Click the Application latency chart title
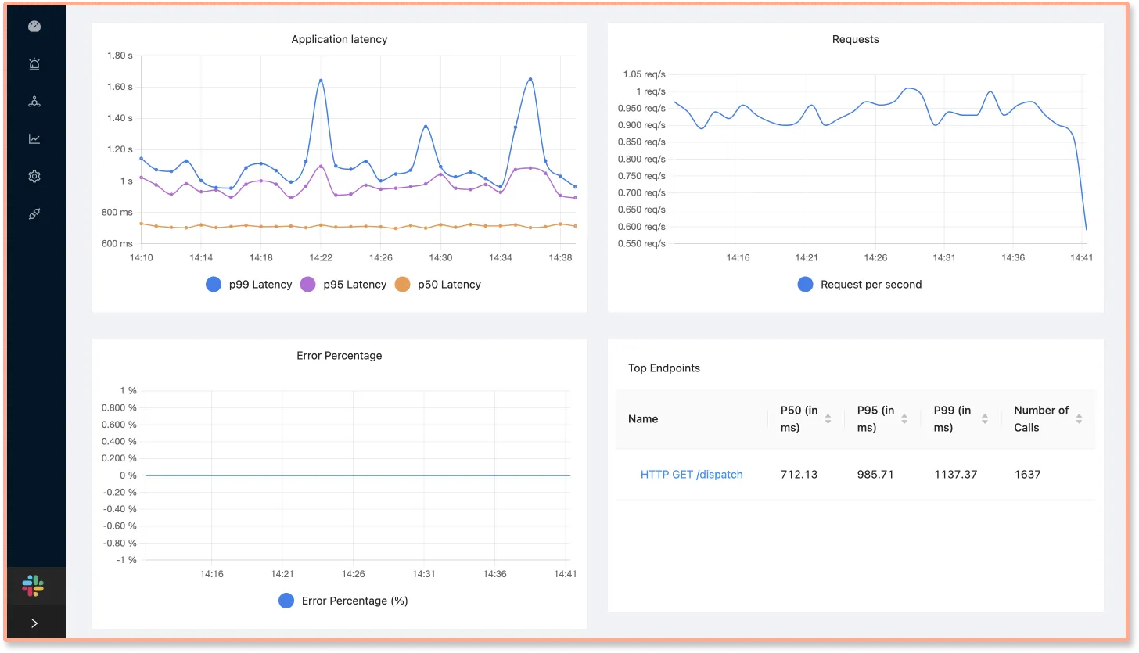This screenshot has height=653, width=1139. click(x=339, y=39)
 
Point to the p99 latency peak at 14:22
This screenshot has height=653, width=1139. click(x=321, y=81)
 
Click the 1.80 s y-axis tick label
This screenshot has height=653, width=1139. click(x=120, y=56)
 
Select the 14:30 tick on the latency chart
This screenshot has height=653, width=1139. click(x=440, y=257)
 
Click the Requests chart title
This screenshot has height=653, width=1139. click(x=855, y=39)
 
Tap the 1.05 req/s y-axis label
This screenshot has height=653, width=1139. click(x=644, y=74)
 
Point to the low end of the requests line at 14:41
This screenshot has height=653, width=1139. click(x=1086, y=228)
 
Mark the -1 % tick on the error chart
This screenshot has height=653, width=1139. click(x=126, y=560)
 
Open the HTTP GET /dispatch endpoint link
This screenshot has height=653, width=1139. click(x=692, y=475)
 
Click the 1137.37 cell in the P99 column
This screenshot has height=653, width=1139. click(x=955, y=475)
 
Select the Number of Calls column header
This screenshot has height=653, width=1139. click(x=1040, y=418)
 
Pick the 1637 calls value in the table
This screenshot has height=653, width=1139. click(x=1027, y=475)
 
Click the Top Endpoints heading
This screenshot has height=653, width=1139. click(x=663, y=368)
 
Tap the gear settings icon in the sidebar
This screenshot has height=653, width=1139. click(x=34, y=177)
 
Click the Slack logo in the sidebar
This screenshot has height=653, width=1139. click(x=34, y=585)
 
